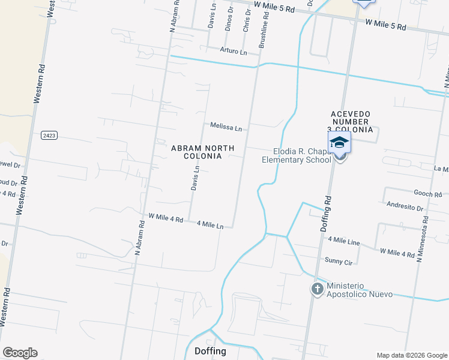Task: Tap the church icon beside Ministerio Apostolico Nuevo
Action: coord(317,289)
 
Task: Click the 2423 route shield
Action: coord(49,136)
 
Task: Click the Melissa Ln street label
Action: coord(226,127)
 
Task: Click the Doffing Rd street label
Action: coord(326,214)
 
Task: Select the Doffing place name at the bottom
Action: coord(210,351)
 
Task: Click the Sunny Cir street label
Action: coord(339,262)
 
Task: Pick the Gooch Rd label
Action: coord(428,193)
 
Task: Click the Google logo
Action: coord(20,353)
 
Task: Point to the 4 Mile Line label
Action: coord(344,241)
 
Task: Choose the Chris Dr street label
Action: coord(246,20)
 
